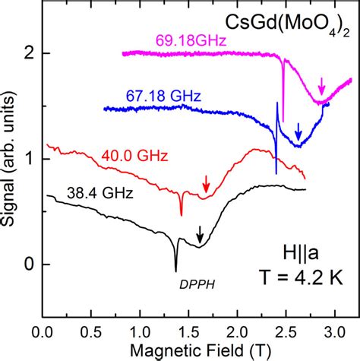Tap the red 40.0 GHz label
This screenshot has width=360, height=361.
129,157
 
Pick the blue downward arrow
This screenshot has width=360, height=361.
298,128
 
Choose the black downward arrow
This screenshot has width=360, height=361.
200,233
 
